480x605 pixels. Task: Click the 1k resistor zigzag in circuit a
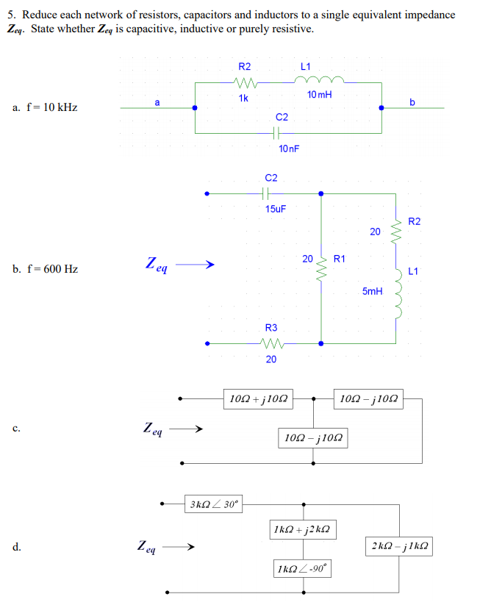click(243, 82)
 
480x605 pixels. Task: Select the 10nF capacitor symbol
click(276, 133)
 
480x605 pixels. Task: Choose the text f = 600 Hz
click(45, 269)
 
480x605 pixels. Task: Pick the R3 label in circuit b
click(271, 328)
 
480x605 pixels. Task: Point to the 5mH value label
click(372, 292)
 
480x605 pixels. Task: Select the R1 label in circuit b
click(340, 259)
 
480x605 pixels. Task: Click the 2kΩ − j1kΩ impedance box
click(400, 547)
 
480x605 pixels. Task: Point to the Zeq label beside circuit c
click(154, 428)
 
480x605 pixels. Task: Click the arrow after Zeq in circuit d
click(179, 548)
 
